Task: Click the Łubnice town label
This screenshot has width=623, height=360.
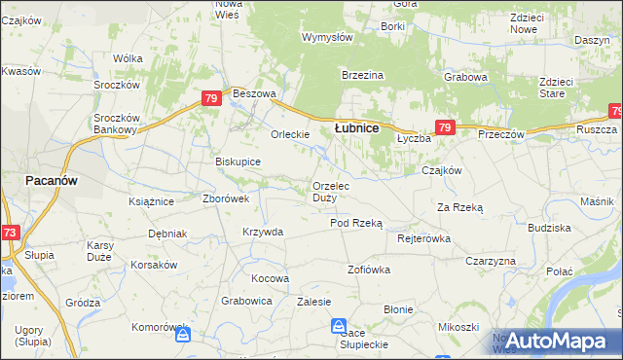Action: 356,127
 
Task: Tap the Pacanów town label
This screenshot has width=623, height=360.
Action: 52,181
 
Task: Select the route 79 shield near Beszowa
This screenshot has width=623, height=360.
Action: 211,98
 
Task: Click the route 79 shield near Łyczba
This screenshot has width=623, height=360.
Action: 445,127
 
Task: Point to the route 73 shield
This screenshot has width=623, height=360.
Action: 9,233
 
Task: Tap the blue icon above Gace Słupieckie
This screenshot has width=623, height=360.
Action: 339,326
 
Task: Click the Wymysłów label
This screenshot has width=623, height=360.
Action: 327,37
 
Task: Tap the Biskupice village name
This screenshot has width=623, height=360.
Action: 238,162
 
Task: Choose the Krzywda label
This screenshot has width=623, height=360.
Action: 263,232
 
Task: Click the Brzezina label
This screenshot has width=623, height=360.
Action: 363,75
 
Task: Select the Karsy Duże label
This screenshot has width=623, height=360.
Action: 101,249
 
